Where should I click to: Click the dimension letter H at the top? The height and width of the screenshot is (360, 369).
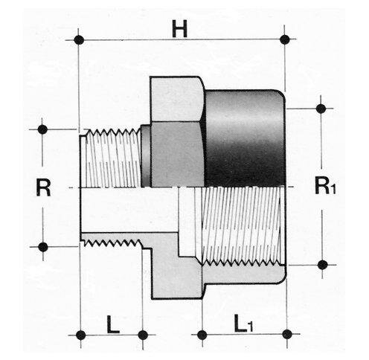[180, 29]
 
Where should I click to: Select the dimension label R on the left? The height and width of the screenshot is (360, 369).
[43, 187]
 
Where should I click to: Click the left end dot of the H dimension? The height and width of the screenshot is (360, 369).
[79, 40]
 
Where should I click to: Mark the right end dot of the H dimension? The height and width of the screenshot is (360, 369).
[285, 39]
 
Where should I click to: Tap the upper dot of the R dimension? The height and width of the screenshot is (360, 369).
[42, 129]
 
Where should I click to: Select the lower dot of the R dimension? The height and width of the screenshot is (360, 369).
[43, 247]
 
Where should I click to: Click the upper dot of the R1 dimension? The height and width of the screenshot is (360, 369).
[321, 109]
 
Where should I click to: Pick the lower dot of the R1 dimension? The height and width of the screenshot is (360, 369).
[322, 265]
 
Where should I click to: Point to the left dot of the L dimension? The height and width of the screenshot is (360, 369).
[81, 335]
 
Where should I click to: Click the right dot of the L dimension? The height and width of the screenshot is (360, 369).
[143, 335]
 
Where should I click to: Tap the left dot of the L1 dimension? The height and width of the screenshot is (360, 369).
[202, 335]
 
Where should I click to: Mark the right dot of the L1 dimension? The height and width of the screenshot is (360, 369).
[287, 335]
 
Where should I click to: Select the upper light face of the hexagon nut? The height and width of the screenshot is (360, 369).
[176, 99]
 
